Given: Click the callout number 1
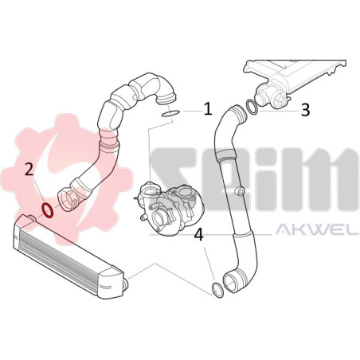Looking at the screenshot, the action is coord(208,109).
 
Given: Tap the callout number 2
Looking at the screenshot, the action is coord(29,170).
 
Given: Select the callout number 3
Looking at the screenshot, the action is coord(305,109).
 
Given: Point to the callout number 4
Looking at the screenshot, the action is coord(198,235).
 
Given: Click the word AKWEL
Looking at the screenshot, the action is coord(318,229).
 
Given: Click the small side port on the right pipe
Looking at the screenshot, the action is coord(240,190).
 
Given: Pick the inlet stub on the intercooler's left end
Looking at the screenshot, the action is coord(31,218).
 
